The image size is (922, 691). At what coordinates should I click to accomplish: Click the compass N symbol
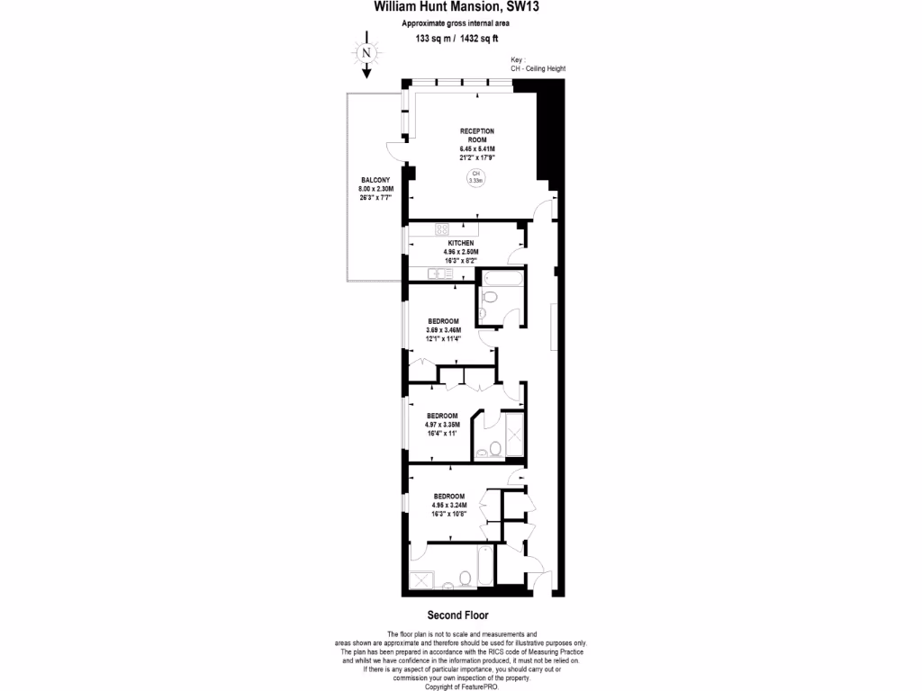click(366, 52)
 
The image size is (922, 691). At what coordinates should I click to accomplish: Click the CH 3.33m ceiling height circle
click(475, 177)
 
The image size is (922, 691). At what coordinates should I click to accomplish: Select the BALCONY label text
click(375, 181)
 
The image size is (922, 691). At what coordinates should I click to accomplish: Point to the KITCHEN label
click(460, 243)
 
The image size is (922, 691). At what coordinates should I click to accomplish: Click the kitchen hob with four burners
click(443, 229)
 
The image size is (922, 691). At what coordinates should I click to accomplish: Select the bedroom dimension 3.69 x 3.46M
click(443, 330)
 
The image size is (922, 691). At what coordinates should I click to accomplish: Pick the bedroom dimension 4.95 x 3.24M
click(448, 506)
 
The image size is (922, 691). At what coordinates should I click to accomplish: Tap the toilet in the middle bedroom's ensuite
click(495, 450)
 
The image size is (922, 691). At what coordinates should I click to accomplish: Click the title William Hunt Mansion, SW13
click(457, 8)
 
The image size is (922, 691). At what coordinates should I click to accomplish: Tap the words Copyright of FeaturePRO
click(460, 686)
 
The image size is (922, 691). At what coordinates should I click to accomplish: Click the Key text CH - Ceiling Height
click(538, 68)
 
